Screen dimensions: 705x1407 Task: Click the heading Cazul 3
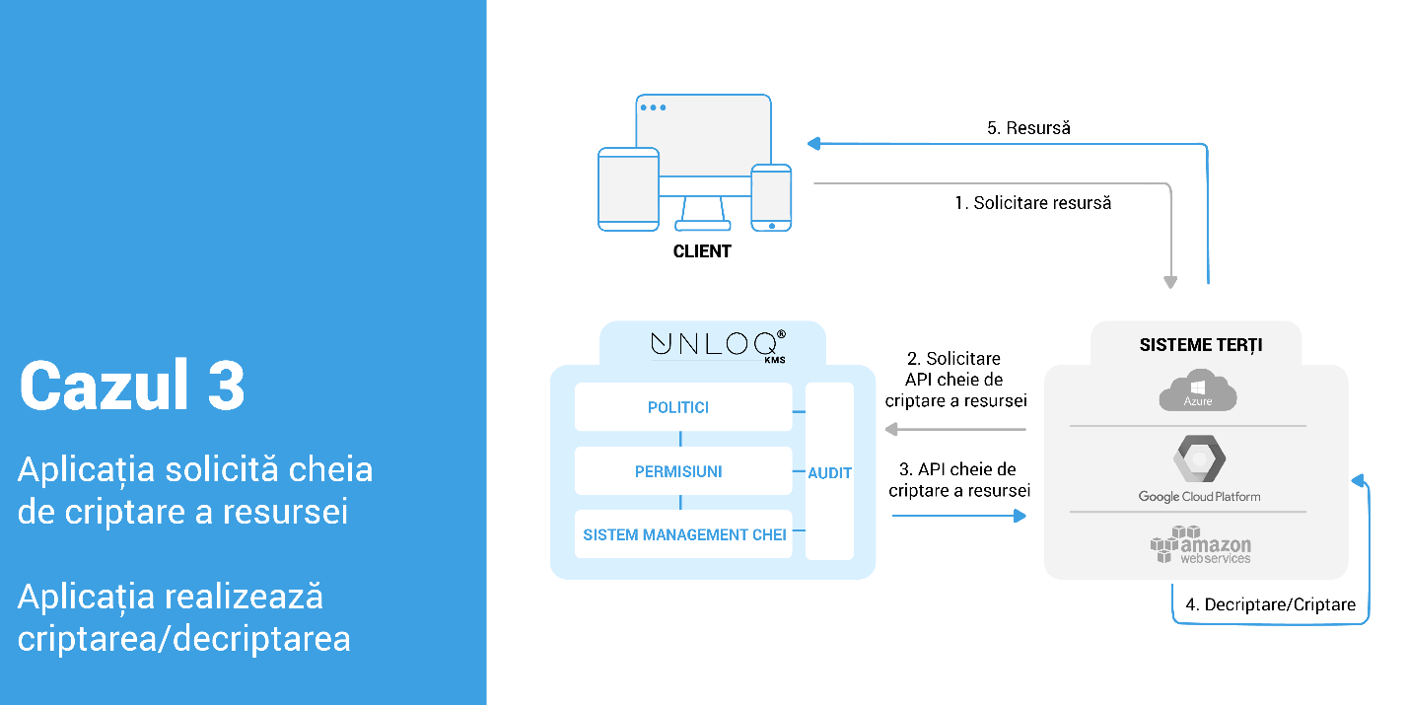pos(132,386)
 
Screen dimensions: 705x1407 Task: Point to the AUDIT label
pos(829,473)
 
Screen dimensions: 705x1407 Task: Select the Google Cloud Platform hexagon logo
pos(1198,458)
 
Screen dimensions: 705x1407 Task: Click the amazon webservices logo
pos(1199,544)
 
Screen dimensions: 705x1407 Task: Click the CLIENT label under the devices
pos(702,251)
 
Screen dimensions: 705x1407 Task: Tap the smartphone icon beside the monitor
pos(771,197)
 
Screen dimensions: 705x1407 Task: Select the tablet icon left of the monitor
pos(628,189)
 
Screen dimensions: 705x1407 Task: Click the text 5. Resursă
pos(1028,128)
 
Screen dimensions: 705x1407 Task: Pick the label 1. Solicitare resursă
pos(1032,203)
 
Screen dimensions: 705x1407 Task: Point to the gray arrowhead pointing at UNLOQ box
pos(890,429)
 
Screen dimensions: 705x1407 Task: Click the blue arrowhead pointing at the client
pos(813,144)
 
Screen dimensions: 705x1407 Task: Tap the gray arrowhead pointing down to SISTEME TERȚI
pos(1170,282)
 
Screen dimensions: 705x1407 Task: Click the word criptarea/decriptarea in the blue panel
pos(184,638)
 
